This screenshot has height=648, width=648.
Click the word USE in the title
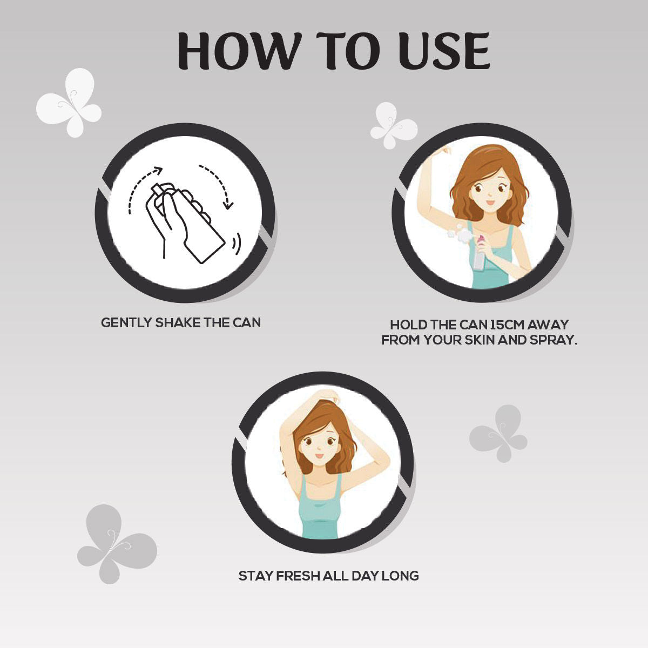pos(443,51)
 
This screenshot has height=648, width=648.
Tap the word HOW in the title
pos(238,51)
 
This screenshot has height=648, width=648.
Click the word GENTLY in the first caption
pos(126,323)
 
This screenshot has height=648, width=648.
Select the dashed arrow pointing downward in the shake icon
pos(219,186)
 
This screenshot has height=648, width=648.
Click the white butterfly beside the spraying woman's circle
pos(394,126)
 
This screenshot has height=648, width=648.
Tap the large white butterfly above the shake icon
pos(70,103)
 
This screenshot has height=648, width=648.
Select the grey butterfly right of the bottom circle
pos(498,434)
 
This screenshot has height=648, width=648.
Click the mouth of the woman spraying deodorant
pos(490,202)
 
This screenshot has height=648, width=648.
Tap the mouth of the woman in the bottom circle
pos(319,456)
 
